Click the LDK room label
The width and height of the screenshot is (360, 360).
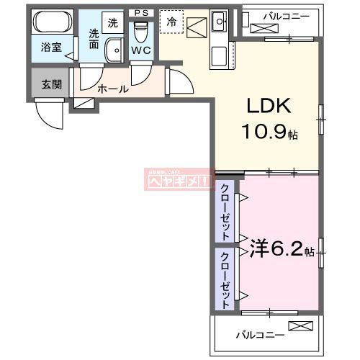(x=269, y=107)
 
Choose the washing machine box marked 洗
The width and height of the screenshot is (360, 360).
(x=113, y=22)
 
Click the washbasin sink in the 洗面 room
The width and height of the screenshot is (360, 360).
(x=114, y=50)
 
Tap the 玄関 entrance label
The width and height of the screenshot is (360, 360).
(x=51, y=84)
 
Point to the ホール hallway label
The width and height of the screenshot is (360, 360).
(x=113, y=89)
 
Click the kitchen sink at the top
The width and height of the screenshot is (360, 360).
(x=219, y=19)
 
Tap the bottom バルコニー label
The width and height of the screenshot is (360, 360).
(x=260, y=334)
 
